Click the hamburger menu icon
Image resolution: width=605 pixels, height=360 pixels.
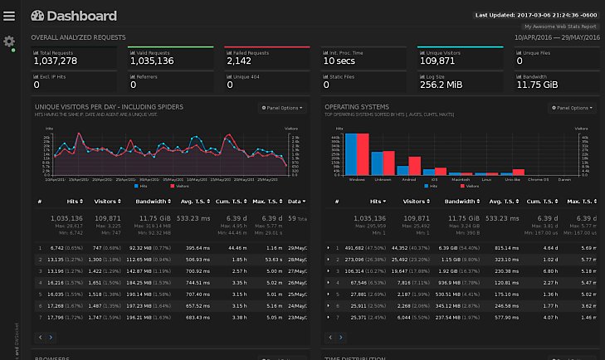(9, 16)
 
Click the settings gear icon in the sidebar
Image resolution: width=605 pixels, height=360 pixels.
(9, 41)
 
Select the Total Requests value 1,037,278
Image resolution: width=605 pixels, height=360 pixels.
(56, 61)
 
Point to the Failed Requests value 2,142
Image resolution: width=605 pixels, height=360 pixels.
(238, 61)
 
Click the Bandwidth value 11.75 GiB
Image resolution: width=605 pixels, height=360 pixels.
(541, 84)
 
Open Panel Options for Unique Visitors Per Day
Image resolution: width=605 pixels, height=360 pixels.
(282, 107)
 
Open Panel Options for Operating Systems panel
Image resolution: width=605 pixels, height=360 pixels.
(572, 107)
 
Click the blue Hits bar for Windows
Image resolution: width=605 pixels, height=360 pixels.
(351, 152)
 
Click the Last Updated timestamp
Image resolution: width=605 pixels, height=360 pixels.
(535, 15)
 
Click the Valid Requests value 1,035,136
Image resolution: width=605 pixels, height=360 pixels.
(152, 61)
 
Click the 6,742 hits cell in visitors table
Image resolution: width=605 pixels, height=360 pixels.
(63, 247)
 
